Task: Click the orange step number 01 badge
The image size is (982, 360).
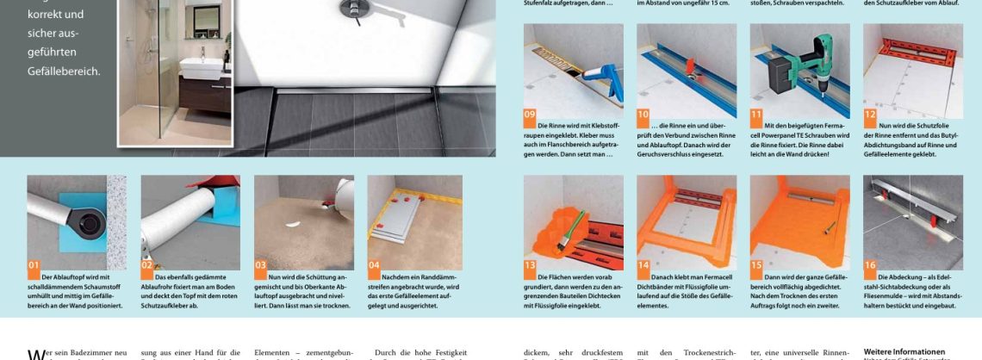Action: [34, 264]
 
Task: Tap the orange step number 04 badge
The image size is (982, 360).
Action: [374, 264]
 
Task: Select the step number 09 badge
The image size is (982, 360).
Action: [531, 113]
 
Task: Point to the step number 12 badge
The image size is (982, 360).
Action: [870, 113]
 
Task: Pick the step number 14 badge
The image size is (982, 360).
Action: [643, 265]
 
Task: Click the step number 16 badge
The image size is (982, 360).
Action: [870, 265]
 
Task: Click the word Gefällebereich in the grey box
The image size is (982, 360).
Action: [64, 71]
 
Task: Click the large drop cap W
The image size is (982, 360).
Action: [34, 354]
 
